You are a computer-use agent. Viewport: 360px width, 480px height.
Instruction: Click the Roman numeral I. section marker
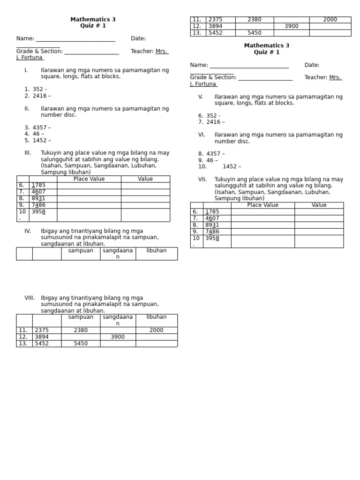(26, 70)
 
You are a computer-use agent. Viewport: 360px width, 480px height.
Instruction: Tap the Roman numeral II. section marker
(27, 109)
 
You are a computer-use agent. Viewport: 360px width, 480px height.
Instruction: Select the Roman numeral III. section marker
(28, 153)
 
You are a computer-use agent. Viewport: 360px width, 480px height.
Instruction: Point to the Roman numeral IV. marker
(28, 231)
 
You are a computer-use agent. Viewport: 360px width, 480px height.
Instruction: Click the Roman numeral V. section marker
(201, 97)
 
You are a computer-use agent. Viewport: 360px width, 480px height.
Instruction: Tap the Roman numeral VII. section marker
(202, 180)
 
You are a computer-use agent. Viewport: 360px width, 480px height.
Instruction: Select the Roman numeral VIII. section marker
(29, 298)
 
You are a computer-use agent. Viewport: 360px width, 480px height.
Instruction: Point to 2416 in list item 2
(39, 96)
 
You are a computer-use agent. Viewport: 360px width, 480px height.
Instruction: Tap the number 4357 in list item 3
(39, 127)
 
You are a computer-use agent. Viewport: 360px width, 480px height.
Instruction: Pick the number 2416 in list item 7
(213, 122)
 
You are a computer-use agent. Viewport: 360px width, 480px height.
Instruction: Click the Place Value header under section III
(89, 179)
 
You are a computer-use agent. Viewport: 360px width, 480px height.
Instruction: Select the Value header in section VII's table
(319, 205)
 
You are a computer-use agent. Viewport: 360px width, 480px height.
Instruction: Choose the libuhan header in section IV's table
(157, 251)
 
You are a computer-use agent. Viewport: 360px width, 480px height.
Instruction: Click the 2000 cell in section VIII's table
(157, 330)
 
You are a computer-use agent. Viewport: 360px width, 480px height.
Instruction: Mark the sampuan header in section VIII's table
(81, 317)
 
